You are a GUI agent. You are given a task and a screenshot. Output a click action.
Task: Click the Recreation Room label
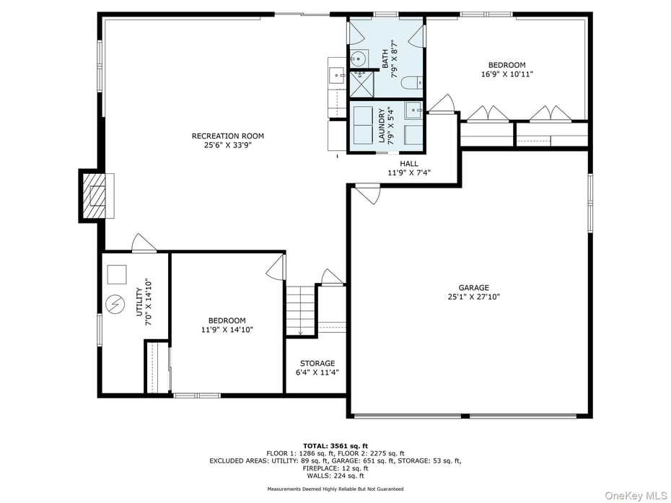coord(227,136)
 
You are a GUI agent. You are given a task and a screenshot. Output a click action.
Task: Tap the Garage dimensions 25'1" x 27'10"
coord(473,297)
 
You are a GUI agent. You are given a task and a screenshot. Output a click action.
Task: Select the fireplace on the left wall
coord(95,195)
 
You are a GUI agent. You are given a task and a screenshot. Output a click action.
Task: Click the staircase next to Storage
coord(301,310)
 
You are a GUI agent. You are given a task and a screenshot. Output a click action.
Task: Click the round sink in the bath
coord(358,58)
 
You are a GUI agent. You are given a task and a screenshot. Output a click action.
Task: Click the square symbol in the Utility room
coord(117,274)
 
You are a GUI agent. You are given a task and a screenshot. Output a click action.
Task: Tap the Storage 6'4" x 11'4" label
coord(317,368)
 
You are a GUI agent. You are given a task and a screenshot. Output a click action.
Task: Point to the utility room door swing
coord(143,243)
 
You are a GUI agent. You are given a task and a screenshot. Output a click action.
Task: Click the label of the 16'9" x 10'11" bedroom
coord(506,69)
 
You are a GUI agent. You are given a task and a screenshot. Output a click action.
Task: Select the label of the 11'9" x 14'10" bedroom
coord(227,325)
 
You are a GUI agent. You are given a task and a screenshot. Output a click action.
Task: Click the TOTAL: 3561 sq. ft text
coord(335,446)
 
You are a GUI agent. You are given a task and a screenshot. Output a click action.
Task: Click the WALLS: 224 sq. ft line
coord(335,475)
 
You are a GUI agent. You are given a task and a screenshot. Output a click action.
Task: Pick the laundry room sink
coord(413,110)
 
